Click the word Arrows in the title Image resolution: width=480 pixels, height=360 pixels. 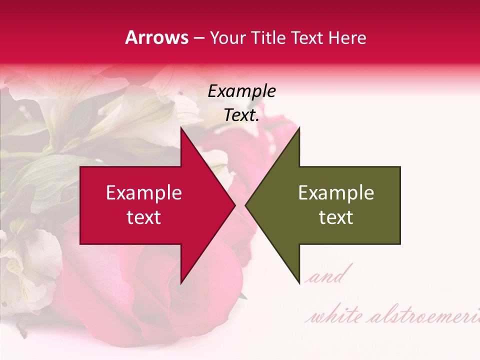[x=156, y=38]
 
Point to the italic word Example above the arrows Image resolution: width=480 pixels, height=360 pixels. [x=242, y=91]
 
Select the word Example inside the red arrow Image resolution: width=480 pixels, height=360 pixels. [x=144, y=193]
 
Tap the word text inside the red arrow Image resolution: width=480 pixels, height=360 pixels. [x=144, y=217]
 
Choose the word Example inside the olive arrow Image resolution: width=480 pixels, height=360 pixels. [x=336, y=193]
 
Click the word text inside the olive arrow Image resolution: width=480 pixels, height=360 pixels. [x=336, y=217]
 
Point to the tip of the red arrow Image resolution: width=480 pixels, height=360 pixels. [x=235, y=205]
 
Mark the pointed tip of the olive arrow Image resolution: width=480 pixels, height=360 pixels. [x=245, y=205]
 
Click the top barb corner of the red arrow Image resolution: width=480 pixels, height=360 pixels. [x=181, y=128]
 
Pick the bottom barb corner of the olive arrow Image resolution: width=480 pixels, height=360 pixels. [x=299, y=283]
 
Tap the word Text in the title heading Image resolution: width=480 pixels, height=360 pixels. [x=307, y=38]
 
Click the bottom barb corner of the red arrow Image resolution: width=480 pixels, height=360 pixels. [x=181, y=283]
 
